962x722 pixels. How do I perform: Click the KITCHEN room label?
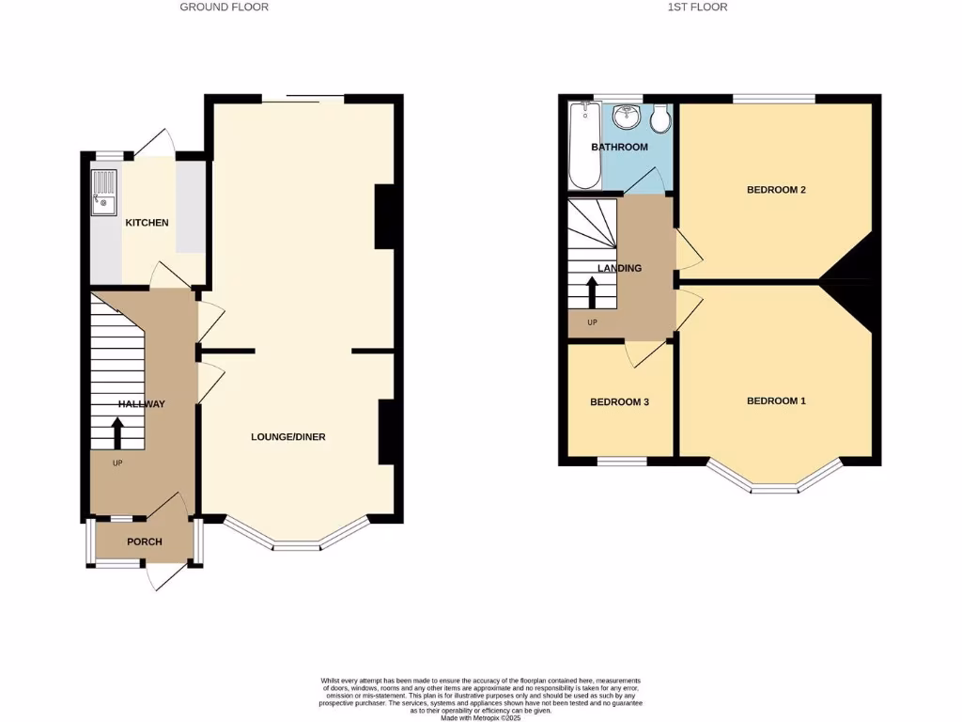pyautogui.click(x=147, y=223)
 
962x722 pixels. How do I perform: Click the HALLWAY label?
pyautogui.click(x=141, y=404)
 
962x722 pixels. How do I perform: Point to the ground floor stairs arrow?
pyautogui.click(x=117, y=434)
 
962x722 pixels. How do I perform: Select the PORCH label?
pyautogui.click(x=145, y=541)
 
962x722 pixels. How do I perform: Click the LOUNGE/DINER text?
pyautogui.click(x=287, y=436)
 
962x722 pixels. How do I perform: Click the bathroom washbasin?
pyautogui.click(x=626, y=118)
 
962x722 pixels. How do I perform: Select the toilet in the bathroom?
pyautogui.click(x=659, y=118)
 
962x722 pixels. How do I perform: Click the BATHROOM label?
pyautogui.click(x=619, y=148)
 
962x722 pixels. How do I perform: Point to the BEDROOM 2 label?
pyautogui.click(x=776, y=190)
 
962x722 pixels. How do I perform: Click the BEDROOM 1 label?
pyautogui.click(x=776, y=401)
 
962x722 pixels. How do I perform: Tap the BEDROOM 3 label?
pyautogui.click(x=619, y=402)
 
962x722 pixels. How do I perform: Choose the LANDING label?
pyautogui.click(x=620, y=268)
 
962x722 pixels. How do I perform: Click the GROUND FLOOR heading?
pyautogui.click(x=225, y=7)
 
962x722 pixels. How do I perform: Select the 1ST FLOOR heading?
pyautogui.click(x=697, y=7)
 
